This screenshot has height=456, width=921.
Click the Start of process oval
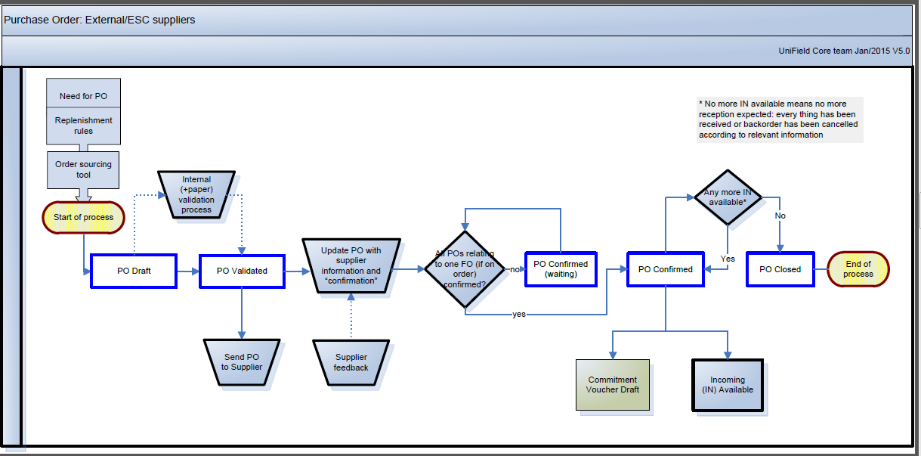click(x=83, y=217)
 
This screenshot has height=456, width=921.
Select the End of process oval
click(x=858, y=269)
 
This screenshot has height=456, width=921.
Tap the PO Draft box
click(x=134, y=271)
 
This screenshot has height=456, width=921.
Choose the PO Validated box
click(x=242, y=271)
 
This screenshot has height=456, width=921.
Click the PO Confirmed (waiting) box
click(x=561, y=269)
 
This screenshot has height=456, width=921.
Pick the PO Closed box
click(x=780, y=269)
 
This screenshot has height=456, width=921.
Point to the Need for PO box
click(x=83, y=97)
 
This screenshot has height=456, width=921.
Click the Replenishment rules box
click(x=83, y=126)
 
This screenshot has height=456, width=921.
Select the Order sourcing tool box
click(x=83, y=169)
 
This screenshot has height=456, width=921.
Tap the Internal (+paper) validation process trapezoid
click(x=196, y=194)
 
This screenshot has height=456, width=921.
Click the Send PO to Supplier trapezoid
click(x=242, y=361)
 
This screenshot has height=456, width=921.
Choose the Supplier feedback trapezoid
click(x=351, y=362)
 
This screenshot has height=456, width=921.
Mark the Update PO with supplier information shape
click(x=351, y=265)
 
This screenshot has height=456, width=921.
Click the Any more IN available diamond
click(x=727, y=197)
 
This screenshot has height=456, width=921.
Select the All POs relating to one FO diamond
click(x=465, y=269)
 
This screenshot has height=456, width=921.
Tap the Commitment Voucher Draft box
click(x=613, y=385)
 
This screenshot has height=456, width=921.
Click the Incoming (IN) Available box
click(x=728, y=385)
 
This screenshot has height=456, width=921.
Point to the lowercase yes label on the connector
click(x=519, y=314)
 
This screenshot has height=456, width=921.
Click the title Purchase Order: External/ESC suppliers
click(x=100, y=20)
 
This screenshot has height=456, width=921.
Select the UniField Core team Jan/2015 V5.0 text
click(x=844, y=51)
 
